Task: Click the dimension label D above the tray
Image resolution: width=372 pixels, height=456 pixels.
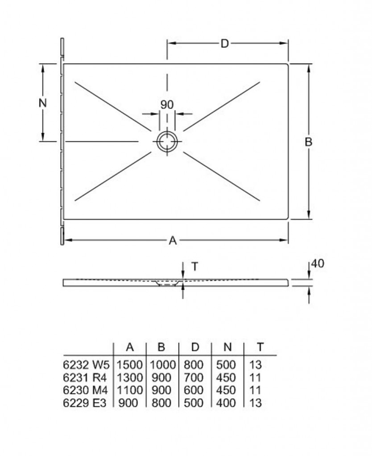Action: (225, 44)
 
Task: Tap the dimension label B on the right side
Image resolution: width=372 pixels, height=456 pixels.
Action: (309, 142)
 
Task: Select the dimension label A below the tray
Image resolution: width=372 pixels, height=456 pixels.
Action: (173, 240)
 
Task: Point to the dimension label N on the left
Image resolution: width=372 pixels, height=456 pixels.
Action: (43, 103)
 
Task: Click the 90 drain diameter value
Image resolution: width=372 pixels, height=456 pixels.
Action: (167, 105)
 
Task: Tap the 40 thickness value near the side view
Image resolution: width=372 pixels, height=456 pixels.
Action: (318, 264)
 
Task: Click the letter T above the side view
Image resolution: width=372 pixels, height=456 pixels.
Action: (195, 266)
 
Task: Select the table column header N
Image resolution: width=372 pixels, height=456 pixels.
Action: (227, 347)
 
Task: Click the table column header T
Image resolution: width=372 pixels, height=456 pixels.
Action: (260, 347)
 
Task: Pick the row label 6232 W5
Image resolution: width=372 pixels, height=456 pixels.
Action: (86, 364)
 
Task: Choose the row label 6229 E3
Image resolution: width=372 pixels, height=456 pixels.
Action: (85, 403)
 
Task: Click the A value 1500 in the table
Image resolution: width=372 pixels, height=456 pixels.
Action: (130, 364)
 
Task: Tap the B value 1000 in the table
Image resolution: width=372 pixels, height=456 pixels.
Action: (163, 364)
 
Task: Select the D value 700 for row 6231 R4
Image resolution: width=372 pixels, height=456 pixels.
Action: (194, 377)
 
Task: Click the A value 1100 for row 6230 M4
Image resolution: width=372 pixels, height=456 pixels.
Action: (130, 390)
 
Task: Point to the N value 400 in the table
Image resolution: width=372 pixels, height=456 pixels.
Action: (226, 403)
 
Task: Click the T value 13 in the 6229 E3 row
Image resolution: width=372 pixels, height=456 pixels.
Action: (256, 403)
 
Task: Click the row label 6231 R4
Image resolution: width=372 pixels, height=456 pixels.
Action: (85, 377)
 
